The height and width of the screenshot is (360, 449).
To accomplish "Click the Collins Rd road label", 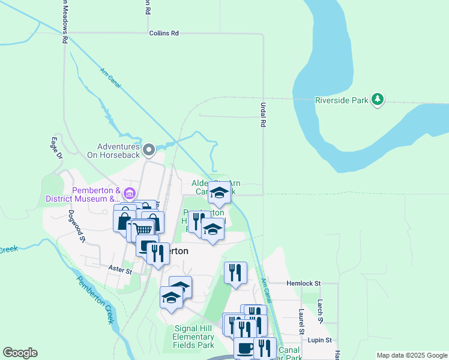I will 164,34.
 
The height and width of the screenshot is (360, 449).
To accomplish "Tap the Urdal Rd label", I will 263,114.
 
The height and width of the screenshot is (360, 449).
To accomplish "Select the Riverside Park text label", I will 342,100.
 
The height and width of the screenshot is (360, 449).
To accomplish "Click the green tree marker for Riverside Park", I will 378,100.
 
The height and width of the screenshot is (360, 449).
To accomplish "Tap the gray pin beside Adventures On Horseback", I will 150,148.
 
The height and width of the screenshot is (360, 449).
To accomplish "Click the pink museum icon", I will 129,194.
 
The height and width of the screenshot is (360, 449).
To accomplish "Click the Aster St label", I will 120,271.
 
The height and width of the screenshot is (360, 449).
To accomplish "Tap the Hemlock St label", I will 304,283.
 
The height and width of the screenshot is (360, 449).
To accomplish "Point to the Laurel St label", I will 301,322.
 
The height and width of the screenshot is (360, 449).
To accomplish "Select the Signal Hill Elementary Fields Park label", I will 193,337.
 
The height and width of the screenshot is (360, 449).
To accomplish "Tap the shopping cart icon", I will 143,230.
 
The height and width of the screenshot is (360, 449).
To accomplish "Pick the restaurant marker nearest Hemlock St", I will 236,272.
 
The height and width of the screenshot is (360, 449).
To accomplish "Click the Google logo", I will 20,353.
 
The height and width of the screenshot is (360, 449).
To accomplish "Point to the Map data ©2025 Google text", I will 411,355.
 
